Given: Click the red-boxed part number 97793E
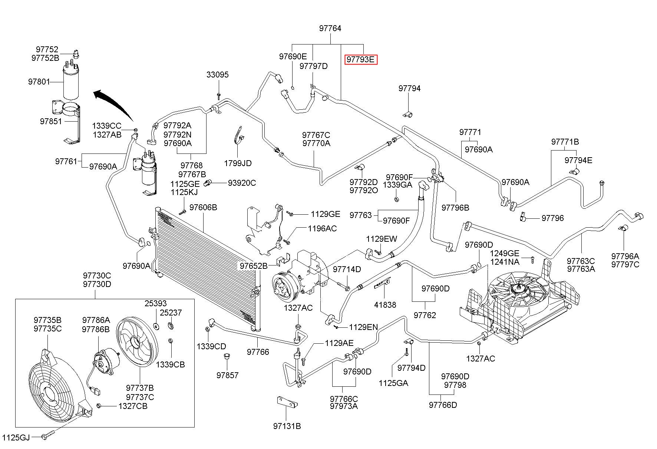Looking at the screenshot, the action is click(x=361, y=59).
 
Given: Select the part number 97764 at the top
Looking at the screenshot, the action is click(x=330, y=28).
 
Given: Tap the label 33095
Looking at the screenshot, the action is click(x=218, y=75).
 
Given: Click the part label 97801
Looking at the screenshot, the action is click(x=39, y=82).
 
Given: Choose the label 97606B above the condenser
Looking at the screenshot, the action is click(x=203, y=207).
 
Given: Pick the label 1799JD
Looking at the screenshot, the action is click(x=238, y=163).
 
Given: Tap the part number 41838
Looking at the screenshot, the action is click(x=385, y=305).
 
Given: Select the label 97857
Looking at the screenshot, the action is click(x=228, y=375).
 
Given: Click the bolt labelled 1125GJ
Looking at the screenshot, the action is click(x=48, y=436).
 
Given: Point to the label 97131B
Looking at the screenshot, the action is click(x=287, y=426).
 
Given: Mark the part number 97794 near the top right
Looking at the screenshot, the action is click(x=410, y=88).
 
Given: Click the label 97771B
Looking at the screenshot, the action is click(x=565, y=142).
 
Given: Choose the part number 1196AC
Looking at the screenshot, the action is click(x=322, y=228).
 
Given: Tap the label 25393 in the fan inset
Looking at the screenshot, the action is click(x=155, y=304).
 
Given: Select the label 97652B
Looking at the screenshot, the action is click(x=253, y=266).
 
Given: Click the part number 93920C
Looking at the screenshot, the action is click(x=242, y=183).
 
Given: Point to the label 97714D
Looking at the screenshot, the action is click(x=347, y=269).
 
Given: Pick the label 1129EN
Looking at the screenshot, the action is click(x=363, y=327).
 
